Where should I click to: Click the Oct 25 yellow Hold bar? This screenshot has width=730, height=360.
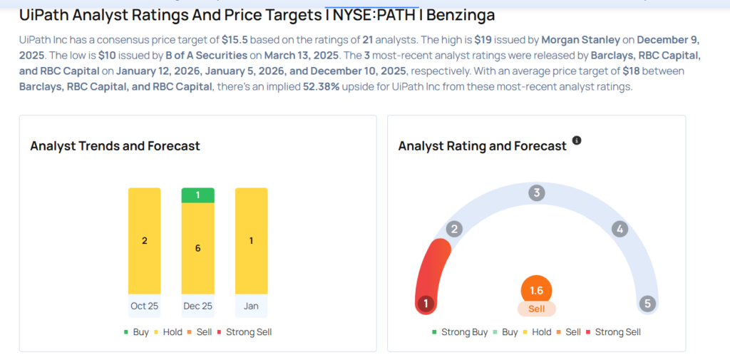144,241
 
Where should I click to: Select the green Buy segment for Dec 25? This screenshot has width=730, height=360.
197,195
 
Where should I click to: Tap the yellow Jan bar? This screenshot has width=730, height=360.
251,241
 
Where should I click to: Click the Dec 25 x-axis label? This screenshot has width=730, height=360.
197,306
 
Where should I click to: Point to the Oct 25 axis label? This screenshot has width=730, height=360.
144,306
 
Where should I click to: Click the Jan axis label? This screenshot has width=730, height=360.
251,306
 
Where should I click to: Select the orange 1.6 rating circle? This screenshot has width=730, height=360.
536,290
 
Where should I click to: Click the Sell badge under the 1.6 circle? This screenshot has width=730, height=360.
536,309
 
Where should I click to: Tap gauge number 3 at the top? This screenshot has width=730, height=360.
536,192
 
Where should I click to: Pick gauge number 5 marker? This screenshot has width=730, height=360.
647,304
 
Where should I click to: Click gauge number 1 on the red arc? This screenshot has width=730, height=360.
426,304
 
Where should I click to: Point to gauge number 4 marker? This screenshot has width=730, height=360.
620,229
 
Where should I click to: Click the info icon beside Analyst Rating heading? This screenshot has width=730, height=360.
577,140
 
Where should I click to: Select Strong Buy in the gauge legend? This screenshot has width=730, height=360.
460,332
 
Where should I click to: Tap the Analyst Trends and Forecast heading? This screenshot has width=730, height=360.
115,146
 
